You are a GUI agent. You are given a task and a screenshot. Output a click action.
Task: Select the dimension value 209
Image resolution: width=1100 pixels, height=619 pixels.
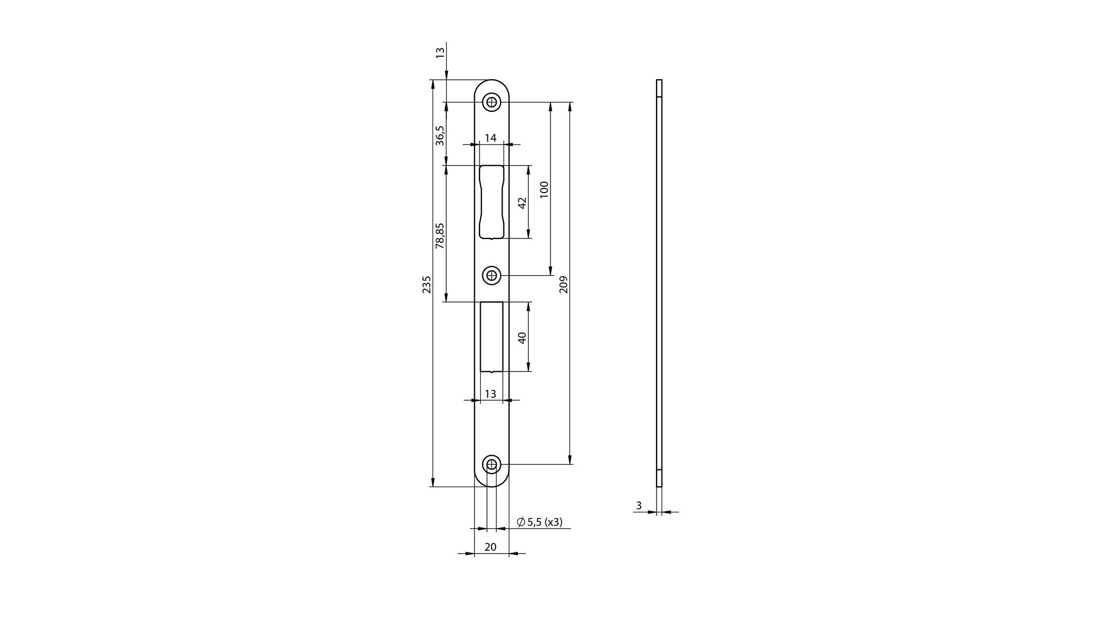point(563,284)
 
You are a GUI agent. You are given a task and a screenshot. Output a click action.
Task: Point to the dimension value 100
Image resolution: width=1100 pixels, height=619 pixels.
point(544,189)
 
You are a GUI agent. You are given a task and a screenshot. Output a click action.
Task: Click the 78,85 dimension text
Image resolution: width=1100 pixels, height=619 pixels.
point(440,236)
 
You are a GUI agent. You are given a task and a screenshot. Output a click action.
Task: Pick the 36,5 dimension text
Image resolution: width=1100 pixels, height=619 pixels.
point(440,135)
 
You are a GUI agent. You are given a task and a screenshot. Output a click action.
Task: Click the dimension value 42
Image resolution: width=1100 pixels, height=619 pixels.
point(522,203)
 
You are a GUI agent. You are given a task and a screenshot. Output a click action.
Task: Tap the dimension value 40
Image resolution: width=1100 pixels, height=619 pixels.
point(522,338)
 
